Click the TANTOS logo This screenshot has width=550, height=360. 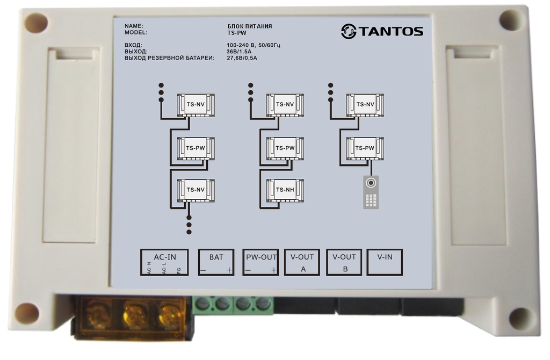[382, 31]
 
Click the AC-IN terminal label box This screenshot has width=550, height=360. [164, 262]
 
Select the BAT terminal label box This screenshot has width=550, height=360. [216, 262]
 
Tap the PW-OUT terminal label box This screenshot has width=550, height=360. [260, 262]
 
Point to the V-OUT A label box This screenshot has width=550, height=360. [302, 262]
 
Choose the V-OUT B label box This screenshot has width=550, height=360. [344, 262]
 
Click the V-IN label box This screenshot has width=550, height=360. [385, 262]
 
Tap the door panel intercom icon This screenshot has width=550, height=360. [371, 192]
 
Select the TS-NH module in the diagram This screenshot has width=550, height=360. [285, 190]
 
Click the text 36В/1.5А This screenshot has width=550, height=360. [239, 52]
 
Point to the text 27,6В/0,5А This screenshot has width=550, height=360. [242, 58]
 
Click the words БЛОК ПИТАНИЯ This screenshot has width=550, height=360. [249, 26]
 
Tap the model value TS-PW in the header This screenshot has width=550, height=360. [237, 33]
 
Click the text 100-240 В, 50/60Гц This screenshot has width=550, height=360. [254, 45]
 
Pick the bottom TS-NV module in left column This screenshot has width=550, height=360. [196, 190]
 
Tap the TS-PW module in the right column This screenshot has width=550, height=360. [365, 148]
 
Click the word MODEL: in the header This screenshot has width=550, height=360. [136, 33]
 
